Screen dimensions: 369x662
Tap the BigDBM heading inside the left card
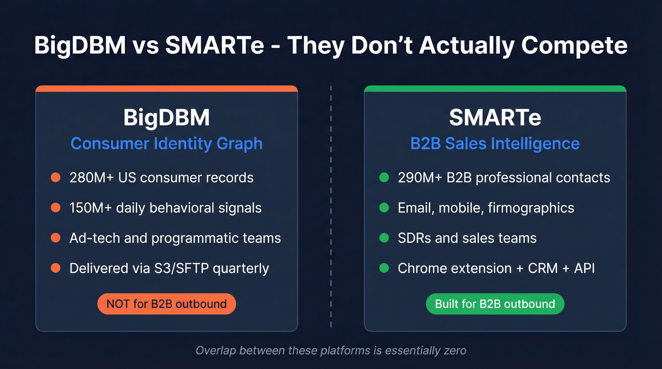166,118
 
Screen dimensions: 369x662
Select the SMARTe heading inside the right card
495,118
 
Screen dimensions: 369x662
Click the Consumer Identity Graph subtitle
166,144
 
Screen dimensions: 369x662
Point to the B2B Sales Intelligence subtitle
495,144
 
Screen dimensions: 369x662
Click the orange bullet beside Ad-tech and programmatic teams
56,238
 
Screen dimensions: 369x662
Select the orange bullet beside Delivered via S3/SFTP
56,268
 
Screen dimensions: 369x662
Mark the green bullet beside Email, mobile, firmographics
384,208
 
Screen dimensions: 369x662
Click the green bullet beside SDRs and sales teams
384,238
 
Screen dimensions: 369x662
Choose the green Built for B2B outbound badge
495,304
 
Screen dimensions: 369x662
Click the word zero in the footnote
453,351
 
